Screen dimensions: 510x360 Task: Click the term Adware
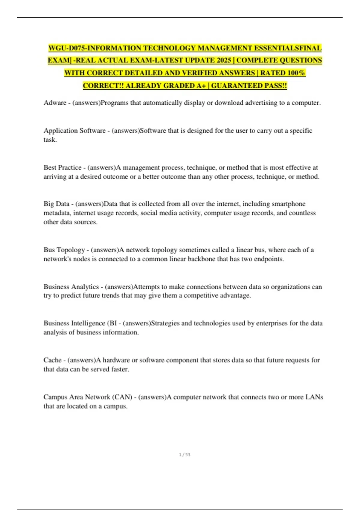point(55,103)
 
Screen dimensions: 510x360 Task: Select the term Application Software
point(74,131)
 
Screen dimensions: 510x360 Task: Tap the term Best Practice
point(62,167)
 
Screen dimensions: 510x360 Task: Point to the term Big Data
point(56,204)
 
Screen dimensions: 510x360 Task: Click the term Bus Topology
point(64,250)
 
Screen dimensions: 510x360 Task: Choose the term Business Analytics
point(71,287)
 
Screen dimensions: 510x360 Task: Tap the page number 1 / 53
point(184,455)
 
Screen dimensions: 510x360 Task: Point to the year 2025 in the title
point(224,60)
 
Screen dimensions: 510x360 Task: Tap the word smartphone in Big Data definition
point(288,204)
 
